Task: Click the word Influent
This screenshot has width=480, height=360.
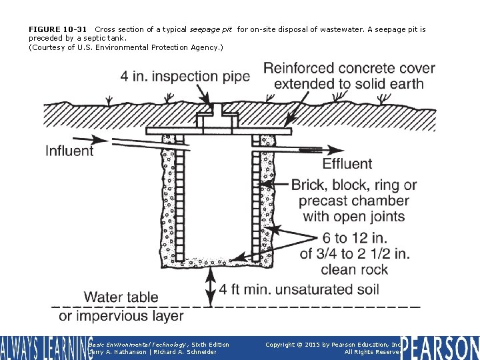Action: [69, 151]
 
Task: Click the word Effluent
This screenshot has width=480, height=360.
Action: [347, 163]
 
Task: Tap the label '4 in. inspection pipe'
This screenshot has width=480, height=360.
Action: [185, 77]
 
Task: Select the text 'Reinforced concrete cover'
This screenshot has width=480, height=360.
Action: [349, 69]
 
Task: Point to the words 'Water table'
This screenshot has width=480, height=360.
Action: [121, 297]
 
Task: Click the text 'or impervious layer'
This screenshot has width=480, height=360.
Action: [121, 315]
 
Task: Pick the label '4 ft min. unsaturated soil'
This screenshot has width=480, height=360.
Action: [299, 289]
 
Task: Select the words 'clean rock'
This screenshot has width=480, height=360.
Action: [354, 269]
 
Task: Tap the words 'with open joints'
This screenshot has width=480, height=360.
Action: [354, 216]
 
